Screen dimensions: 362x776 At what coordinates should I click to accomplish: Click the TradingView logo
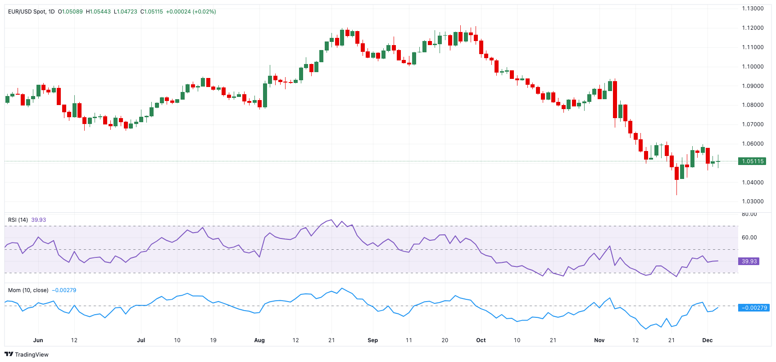coord(27,354)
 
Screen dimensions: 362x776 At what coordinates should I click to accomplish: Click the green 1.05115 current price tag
coord(752,161)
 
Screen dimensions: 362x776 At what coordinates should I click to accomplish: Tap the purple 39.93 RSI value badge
coord(749,261)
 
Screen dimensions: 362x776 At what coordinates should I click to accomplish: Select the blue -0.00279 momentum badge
coord(754,308)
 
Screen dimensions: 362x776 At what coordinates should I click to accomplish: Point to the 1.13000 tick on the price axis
coord(753,9)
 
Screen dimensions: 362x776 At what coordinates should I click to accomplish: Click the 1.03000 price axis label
coord(753,202)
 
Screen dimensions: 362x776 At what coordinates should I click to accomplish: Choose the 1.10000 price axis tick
coord(753,67)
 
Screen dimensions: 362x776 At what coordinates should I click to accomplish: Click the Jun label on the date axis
coord(38,340)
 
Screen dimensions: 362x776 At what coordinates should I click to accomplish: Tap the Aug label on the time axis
coord(259,340)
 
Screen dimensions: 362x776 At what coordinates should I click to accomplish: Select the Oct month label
coord(481,340)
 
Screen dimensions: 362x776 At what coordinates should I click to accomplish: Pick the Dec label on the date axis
coord(708,340)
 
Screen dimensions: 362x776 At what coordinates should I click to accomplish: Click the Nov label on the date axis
coord(599,340)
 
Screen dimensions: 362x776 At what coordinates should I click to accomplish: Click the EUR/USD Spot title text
coord(27,12)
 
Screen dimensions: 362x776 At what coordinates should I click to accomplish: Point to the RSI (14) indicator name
coord(18,220)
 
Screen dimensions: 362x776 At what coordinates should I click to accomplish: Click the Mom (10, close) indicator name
coord(28,290)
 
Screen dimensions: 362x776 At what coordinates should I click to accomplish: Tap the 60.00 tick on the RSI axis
coord(749,238)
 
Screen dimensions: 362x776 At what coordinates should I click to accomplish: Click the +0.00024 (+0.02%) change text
coord(191,12)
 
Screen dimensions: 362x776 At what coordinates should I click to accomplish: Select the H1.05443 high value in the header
coord(98,12)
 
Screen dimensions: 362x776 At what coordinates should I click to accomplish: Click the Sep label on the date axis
coord(372,340)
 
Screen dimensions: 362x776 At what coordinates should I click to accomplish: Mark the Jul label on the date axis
coord(141,340)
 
